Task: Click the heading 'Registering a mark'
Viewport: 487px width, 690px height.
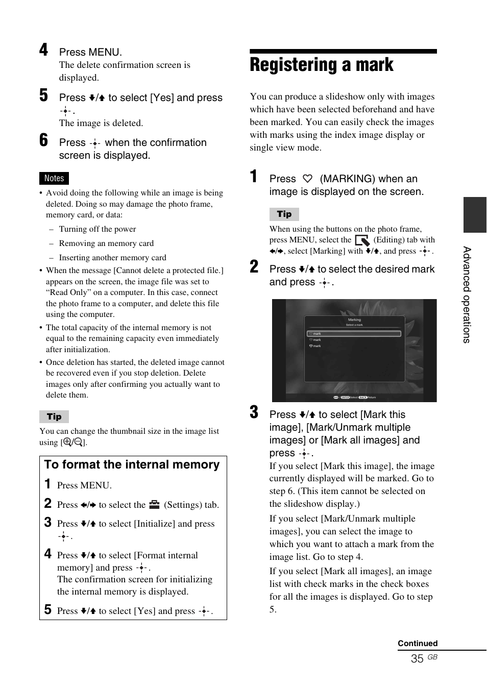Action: [x=322, y=65]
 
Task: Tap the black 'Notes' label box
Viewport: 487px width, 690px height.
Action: [x=54, y=178]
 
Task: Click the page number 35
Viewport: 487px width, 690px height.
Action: [x=417, y=658]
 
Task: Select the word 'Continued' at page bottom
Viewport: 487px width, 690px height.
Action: [x=418, y=643]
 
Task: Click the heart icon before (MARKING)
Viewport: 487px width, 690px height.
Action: [x=307, y=179]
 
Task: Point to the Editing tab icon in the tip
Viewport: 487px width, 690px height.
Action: [x=362, y=240]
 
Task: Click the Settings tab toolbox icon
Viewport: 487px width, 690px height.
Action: [x=155, y=504]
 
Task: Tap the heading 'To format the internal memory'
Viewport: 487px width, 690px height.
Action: [x=132, y=464]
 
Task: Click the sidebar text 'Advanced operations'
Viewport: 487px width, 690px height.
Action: [x=467, y=294]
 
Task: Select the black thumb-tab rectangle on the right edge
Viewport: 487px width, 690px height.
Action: [x=475, y=214]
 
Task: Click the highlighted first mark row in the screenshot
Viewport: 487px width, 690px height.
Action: [x=354, y=334]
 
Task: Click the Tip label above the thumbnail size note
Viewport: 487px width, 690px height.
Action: [x=54, y=416]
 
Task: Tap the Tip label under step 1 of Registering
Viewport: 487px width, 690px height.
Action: [x=284, y=214]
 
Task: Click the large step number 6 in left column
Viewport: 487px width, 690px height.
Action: [x=44, y=140]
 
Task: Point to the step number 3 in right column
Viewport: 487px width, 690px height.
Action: [x=254, y=412]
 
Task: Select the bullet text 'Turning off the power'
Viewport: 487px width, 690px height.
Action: [x=98, y=229]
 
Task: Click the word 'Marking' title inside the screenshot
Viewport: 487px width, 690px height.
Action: [x=354, y=320]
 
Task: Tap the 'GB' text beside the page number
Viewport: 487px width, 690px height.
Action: [x=432, y=657]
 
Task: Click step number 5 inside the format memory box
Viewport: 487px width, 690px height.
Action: [x=48, y=609]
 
